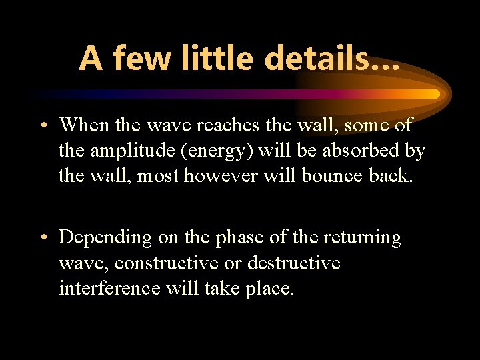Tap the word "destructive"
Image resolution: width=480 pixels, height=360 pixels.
(293, 263)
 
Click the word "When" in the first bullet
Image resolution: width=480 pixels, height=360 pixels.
(82, 125)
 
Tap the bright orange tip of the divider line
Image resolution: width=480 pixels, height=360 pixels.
(433, 94)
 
